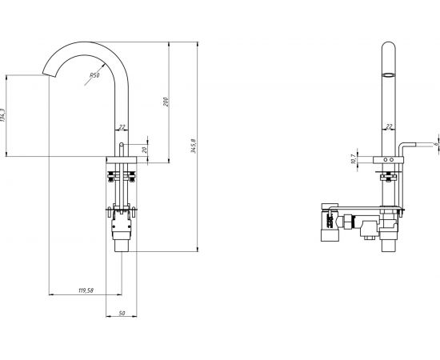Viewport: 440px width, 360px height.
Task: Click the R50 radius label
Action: click(x=94, y=75)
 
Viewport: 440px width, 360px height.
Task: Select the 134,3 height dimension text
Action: click(x=3, y=115)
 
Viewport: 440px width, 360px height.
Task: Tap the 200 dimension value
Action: click(x=166, y=102)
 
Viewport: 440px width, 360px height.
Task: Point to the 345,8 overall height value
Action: click(x=194, y=146)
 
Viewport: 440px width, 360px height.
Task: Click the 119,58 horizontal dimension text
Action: click(x=86, y=290)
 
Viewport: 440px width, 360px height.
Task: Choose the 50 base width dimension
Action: click(x=122, y=313)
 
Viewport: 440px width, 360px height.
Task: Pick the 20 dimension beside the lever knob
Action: click(x=145, y=150)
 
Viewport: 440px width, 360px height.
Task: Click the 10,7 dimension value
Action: click(x=354, y=159)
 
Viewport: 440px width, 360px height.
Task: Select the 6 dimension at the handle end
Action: click(x=436, y=144)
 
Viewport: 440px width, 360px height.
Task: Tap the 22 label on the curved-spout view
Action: click(x=122, y=127)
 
